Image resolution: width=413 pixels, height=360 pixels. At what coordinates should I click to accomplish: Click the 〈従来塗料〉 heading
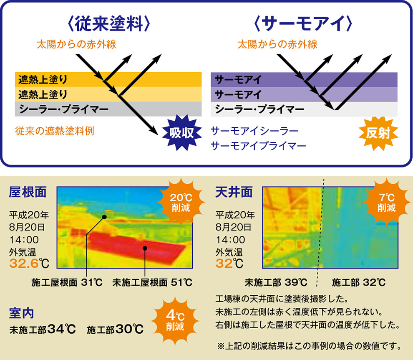click(109, 24)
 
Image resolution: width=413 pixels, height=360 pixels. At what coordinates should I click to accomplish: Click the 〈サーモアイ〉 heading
click(303, 24)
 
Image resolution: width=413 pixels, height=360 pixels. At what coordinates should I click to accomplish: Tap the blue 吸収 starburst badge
click(182, 133)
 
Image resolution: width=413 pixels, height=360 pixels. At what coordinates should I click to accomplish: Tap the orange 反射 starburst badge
click(378, 133)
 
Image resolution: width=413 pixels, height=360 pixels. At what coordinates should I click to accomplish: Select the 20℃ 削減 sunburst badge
click(181, 202)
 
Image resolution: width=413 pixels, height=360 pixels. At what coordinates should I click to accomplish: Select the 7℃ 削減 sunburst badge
click(387, 202)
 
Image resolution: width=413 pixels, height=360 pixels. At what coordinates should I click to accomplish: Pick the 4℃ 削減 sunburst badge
click(175, 321)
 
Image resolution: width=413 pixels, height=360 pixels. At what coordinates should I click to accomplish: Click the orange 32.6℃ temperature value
click(29, 264)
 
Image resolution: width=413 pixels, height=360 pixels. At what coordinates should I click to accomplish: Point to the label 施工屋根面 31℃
click(67, 282)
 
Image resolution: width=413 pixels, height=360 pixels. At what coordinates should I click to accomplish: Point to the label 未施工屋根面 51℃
click(152, 282)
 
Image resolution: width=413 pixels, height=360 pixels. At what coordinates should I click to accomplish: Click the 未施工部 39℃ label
click(276, 282)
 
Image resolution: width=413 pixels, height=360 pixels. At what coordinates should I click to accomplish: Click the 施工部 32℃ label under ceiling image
click(358, 282)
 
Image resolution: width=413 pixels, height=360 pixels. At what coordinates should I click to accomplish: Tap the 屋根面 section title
click(28, 192)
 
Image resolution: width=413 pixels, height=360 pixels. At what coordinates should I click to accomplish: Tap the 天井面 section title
click(234, 192)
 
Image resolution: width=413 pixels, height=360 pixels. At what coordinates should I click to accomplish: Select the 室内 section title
click(21, 313)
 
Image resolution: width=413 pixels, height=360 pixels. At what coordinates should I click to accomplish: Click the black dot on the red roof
click(145, 248)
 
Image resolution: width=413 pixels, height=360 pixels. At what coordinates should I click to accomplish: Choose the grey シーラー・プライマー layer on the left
click(108, 109)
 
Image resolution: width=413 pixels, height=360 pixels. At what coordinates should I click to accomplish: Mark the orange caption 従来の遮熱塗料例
click(55, 131)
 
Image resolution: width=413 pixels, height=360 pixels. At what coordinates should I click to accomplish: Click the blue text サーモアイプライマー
click(258, 146)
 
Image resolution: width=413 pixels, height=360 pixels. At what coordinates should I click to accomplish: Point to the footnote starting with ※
click(309, 346)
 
